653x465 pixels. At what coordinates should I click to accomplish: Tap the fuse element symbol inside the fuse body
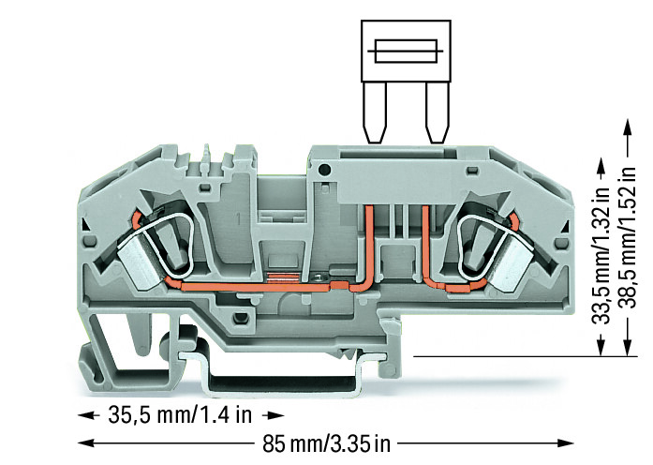pyautogui.click(x=402, y=50)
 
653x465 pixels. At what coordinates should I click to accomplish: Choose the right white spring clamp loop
pyautogui.click(x=477, y=234)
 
